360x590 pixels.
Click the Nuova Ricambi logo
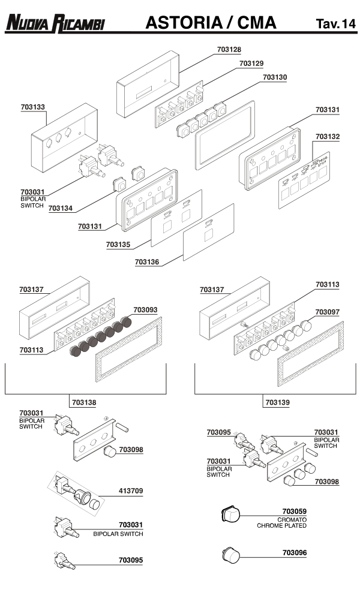coord(55,23)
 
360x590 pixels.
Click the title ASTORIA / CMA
coord(211,23)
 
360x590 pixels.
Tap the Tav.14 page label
coord(335,24)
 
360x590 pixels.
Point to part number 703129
coord(251,63)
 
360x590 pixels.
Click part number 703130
coord(275,77)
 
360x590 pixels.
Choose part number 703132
coord(328,137)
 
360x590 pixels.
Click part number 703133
coord(32,107)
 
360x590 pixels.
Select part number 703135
coord(118,245)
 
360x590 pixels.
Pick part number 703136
coord(148,262)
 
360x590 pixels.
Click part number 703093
coord(145,310)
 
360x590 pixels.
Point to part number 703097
coord(328,312)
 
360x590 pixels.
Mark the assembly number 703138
coord(83,402)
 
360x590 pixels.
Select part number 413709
coord(131,491)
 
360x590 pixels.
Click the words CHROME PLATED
coord(282,526)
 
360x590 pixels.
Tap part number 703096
coord(294,552)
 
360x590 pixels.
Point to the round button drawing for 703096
coord(229,555)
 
